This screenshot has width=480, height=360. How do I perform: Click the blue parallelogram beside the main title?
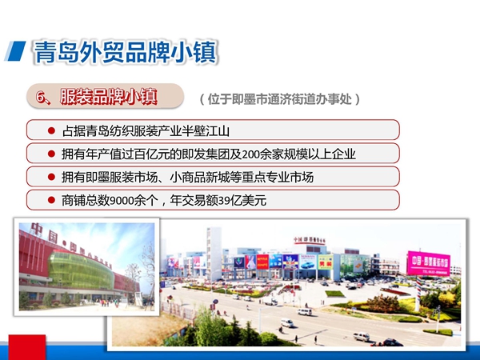(15, 51)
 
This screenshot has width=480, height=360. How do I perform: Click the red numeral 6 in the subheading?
(40, 97)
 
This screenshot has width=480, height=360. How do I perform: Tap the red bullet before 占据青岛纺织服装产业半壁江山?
(51, 130)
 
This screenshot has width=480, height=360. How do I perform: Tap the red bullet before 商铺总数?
(51, 200)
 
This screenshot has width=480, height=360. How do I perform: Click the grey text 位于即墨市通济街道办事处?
(280, 99)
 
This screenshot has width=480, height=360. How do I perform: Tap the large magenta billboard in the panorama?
(428, 263)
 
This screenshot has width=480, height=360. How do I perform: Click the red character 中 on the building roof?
(37, 229)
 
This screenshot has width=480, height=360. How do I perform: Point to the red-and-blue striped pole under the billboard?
(418, 293)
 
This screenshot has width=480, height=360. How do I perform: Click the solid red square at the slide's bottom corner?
(27, 347)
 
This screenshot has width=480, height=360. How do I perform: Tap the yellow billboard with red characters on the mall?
(325, 262)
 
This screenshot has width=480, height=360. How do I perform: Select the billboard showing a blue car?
(307, 262)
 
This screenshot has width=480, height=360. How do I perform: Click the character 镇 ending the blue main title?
(205, 52)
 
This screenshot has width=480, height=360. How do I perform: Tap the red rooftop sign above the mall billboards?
(309, 241)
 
